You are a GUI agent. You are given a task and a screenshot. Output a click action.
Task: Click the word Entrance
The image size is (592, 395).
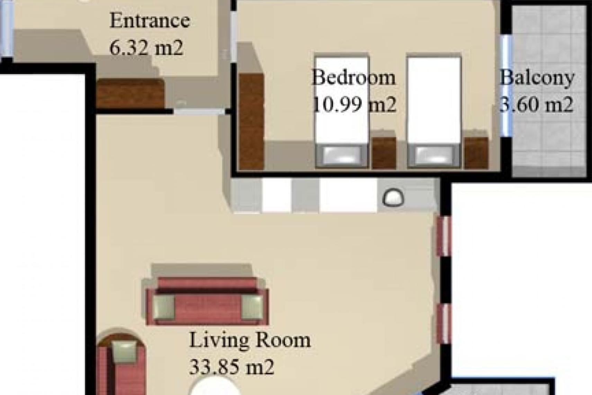150,20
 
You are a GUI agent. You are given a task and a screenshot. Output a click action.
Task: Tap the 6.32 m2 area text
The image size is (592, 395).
146,47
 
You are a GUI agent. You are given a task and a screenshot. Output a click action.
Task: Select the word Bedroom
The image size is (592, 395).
353,77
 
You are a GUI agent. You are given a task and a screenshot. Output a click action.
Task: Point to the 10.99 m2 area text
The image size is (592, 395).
354,104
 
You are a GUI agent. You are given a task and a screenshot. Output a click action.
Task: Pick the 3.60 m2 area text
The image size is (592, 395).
537,104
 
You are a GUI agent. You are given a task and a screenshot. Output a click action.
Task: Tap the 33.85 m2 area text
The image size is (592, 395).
232,367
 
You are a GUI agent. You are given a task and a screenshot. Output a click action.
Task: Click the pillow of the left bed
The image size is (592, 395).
341,155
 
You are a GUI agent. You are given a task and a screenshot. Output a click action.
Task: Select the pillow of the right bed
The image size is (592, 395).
433,155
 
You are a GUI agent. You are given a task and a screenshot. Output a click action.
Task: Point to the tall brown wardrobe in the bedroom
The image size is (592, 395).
251,122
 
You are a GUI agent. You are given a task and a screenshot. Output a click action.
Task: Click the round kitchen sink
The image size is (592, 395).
393,197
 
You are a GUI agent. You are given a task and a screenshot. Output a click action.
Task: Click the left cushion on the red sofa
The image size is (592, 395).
164,307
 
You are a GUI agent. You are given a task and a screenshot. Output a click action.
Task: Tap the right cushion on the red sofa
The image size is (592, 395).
252,307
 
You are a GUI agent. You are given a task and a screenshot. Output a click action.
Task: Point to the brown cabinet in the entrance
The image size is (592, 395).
130,94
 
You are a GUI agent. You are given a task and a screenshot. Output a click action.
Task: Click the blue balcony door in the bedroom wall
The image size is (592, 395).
506,86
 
